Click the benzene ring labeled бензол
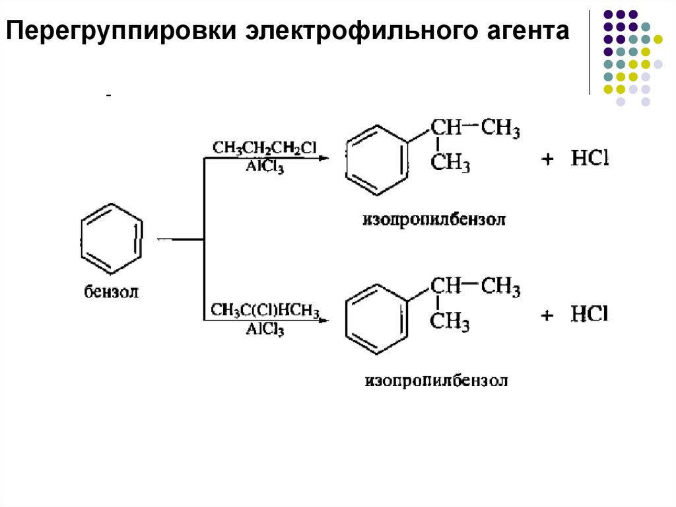click(110, 238)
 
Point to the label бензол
click(111, 292)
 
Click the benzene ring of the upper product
click(375, 159)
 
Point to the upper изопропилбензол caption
click(433, 219)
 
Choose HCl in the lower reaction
click(589, 314)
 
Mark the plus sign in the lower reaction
click(547, 316)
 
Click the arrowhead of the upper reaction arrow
click(323, 159)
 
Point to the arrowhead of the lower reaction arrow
click(323, 321)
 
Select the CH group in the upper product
click(446, 127)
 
